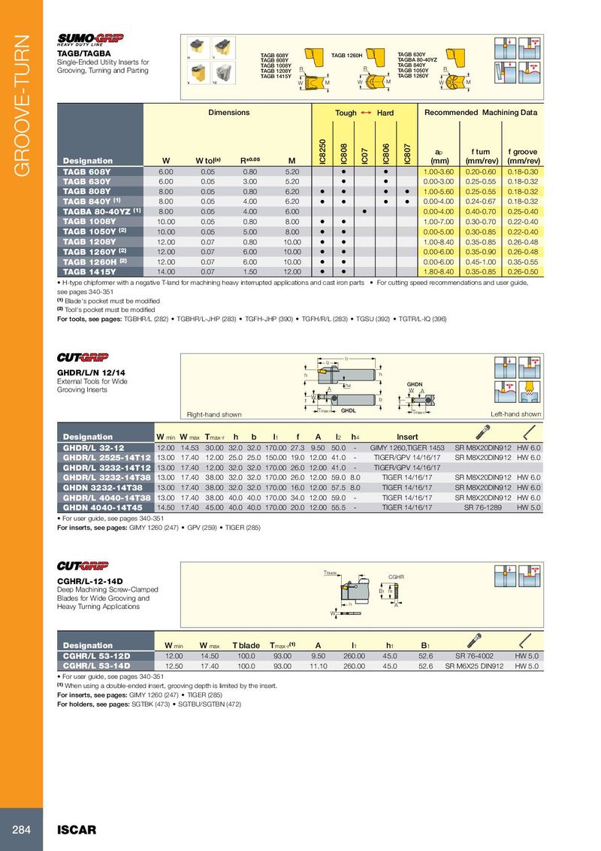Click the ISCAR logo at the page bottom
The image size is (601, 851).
click(x=77, y=830)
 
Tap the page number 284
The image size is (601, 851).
click(x=21, y=830)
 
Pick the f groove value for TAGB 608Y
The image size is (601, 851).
click(x=524, y=172)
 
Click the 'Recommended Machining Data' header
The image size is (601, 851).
click(x=481, y=113)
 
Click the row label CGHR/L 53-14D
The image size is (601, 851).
click(x=97, y=665)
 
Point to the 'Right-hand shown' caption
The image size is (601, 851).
click(x=214, y=414)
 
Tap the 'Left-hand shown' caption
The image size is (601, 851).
click(x=515, y=414)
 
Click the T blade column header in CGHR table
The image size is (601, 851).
click(x=246, y=645)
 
